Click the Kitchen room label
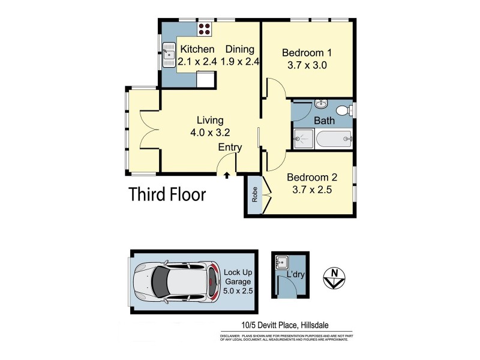click(x=197, y=49)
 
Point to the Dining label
click(x=239, y=49)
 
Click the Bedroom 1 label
click(x=307, y=53)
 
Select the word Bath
click(x=325, y=121)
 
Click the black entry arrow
click(x=227, y=176)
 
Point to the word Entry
click(x=230, y=148)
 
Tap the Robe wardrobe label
click(x=254, y=196)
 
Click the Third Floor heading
click(x=167, y=194)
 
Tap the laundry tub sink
click(x=282, y=263)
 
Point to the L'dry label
click(x=296, y=275)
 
